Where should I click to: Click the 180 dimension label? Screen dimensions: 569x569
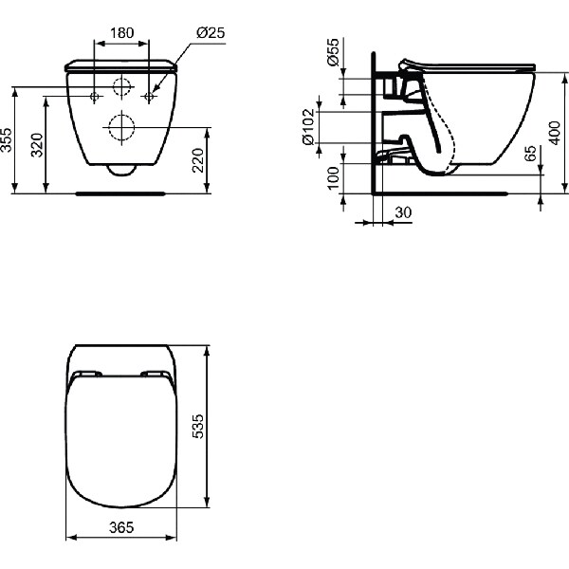click(x=121, y=33)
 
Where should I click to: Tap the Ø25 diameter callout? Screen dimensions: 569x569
click(x=209, y=33)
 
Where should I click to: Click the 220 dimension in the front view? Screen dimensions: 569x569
click(x=198, y=160)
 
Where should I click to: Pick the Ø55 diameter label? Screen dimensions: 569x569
click(x=333, y=54)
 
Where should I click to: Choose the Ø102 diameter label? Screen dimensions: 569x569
click(x=309, y=125)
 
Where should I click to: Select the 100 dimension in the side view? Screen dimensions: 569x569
click(x=333, y=177)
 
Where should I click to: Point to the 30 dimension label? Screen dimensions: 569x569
click(x=402, y=214)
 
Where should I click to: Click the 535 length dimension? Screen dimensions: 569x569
click(x=198, y=427)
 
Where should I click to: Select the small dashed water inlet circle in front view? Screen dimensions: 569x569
click(x=121, y=88)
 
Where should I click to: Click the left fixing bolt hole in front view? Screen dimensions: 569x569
click(x=95, y=96)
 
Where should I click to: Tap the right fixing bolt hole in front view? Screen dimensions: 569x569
click(x=148, y=96)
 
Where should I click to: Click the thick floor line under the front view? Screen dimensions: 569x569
click(x=121, y=193)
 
